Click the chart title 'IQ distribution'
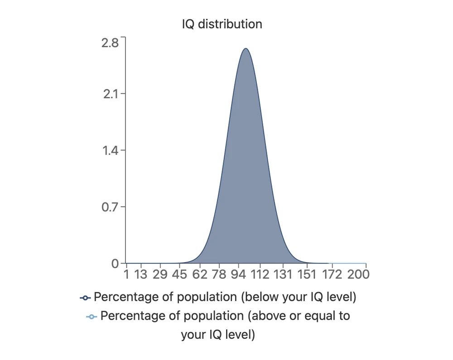(x=222, y=24)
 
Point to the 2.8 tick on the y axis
(x=110, y=43)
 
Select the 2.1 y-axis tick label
(x=110, y=95)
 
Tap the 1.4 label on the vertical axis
(x=110, y=151)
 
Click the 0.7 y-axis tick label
(x=110, y=207)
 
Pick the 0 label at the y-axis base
(x=116, y=264)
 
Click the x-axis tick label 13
(x=141, y=274)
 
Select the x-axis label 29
(x=160, y=274)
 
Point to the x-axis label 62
(x=200, y=274)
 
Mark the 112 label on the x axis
(x=260, y=274)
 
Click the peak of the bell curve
(x=245, y=48)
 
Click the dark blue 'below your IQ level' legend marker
(x=85, y=298)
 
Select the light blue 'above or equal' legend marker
(x=92, y=316)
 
